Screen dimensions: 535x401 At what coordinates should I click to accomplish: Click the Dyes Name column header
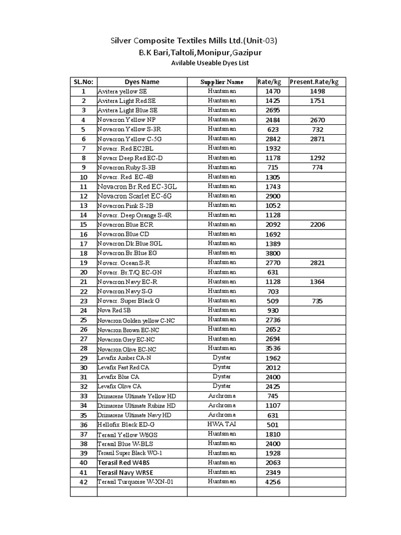point(142,82)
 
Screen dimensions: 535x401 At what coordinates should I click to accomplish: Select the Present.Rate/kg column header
point(314,82)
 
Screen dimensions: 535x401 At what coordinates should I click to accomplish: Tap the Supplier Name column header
point(222,82)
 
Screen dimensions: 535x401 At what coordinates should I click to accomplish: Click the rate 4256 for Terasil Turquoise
point(273,482)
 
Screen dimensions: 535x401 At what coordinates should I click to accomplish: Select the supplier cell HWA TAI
point(222,424)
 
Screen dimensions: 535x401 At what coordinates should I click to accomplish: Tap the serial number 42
point(83,482)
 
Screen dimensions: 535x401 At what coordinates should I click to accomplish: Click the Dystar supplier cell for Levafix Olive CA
point(222,386)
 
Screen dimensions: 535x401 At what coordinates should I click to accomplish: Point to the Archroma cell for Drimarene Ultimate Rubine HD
point(222,405)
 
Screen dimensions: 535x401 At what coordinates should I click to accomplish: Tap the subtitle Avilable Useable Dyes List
point(210,63)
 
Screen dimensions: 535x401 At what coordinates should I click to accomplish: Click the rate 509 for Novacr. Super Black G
point(273,301)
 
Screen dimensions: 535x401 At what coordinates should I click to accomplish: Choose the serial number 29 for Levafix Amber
point(83,358)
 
